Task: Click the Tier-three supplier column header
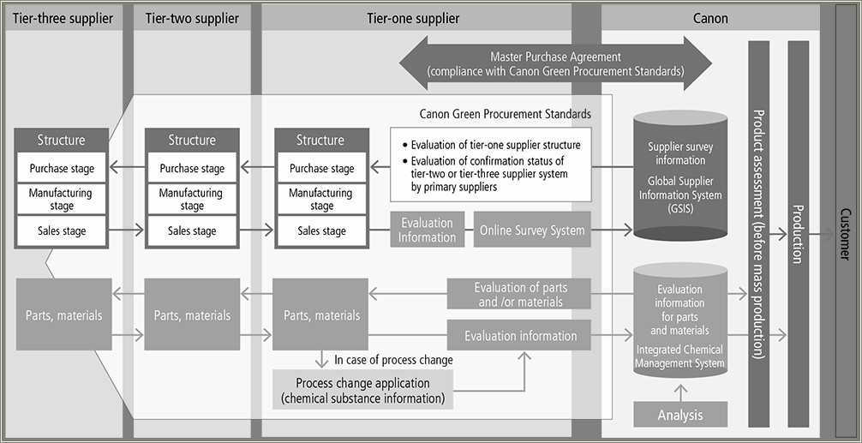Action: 63,18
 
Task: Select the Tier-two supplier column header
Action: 192,18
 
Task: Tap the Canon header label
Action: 709,18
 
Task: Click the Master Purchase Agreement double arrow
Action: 555,64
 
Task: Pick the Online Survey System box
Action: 532,230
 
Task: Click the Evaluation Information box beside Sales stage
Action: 427,230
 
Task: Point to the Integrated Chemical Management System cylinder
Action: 679,321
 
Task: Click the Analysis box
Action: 680,415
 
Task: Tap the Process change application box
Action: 362,390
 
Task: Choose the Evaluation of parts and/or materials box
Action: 520,295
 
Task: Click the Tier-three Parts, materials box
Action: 63,314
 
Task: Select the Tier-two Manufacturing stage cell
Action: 192,200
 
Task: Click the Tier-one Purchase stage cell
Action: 321,169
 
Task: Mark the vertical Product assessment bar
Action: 758,233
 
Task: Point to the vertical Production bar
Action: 797,233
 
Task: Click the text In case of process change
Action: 393,360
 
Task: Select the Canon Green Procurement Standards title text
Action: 505,113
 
